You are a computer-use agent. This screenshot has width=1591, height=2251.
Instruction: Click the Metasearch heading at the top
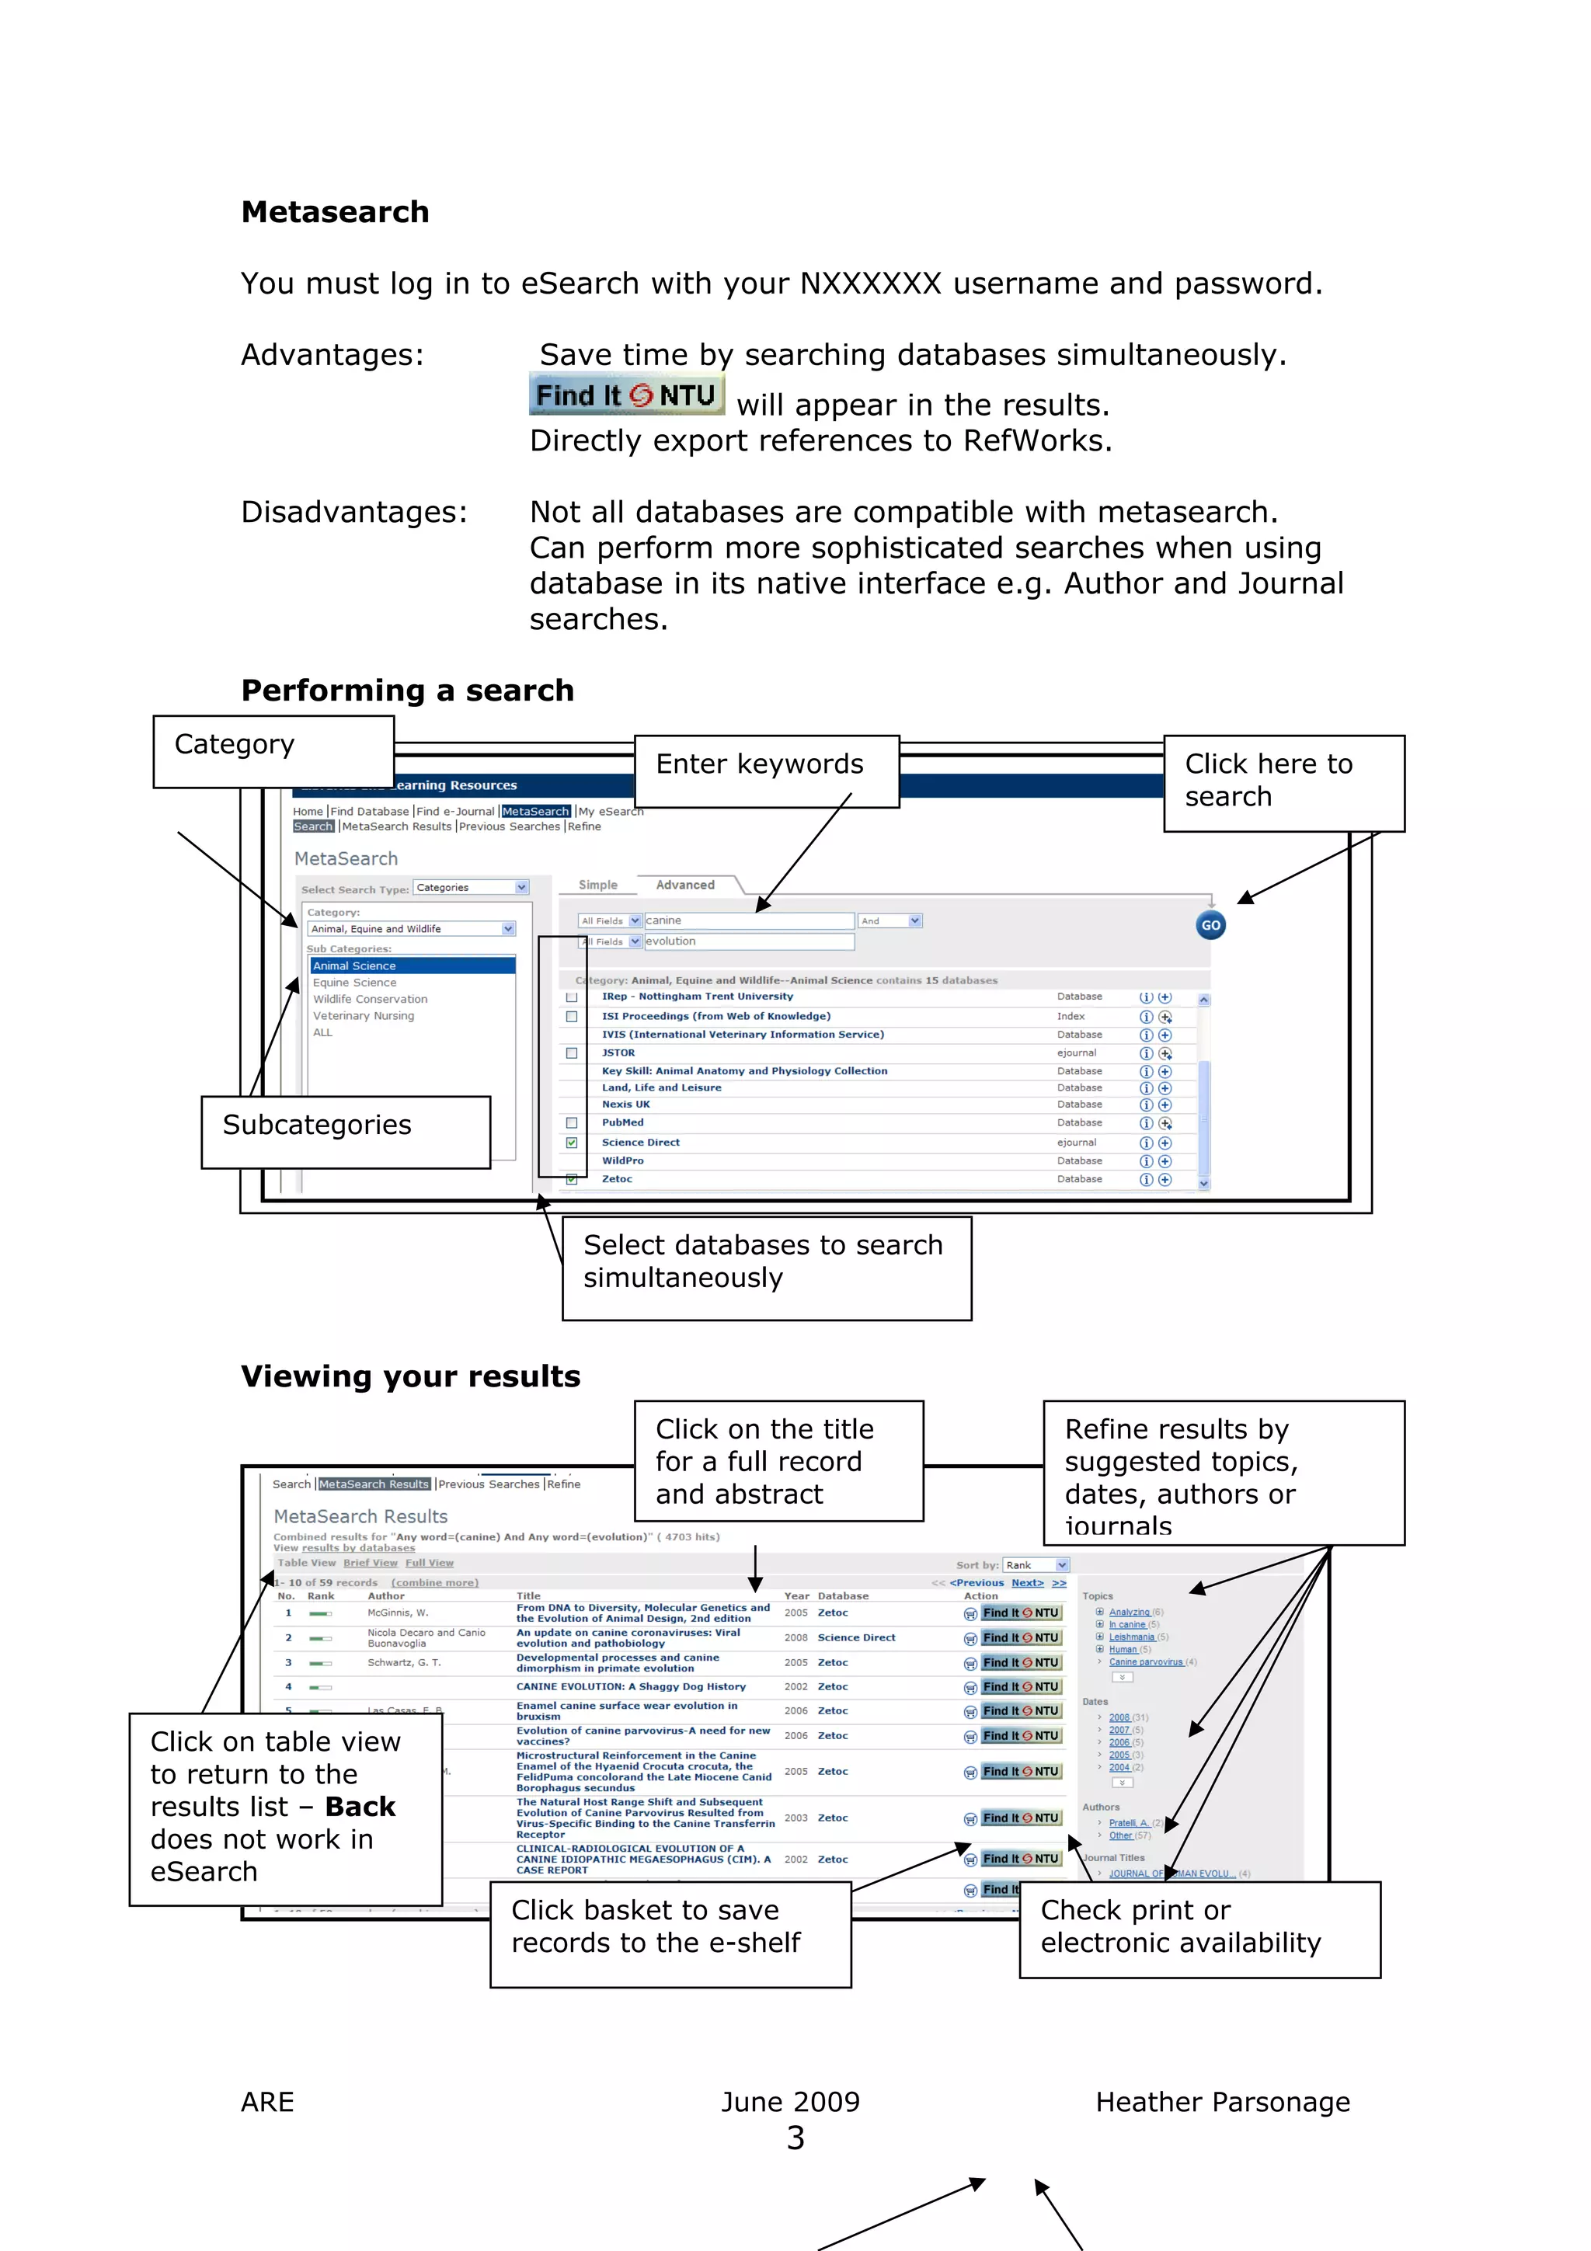click(336, 212)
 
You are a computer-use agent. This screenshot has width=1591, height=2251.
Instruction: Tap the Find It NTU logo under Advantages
click(626, 395)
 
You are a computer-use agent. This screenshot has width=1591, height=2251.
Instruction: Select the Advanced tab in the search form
click(684, 884)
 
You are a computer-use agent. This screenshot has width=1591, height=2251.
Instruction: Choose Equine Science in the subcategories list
click(355, 983)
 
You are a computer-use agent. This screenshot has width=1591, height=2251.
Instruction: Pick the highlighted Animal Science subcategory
click(355, 965)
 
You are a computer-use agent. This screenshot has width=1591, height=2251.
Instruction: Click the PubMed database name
click(622, 1122)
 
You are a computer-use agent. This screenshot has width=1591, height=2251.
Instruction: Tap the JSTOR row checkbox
click(572, 1053)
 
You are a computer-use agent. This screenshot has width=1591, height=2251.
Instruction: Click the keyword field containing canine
click(748, 920)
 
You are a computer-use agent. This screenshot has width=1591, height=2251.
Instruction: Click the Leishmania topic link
click(1131, 1637)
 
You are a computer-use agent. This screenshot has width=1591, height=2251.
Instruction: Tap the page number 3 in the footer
click(795, 2138)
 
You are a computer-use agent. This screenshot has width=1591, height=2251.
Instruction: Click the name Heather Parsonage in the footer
click(1223, 2102)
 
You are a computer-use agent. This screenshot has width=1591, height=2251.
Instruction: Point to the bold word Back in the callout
click(360, 1806)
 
